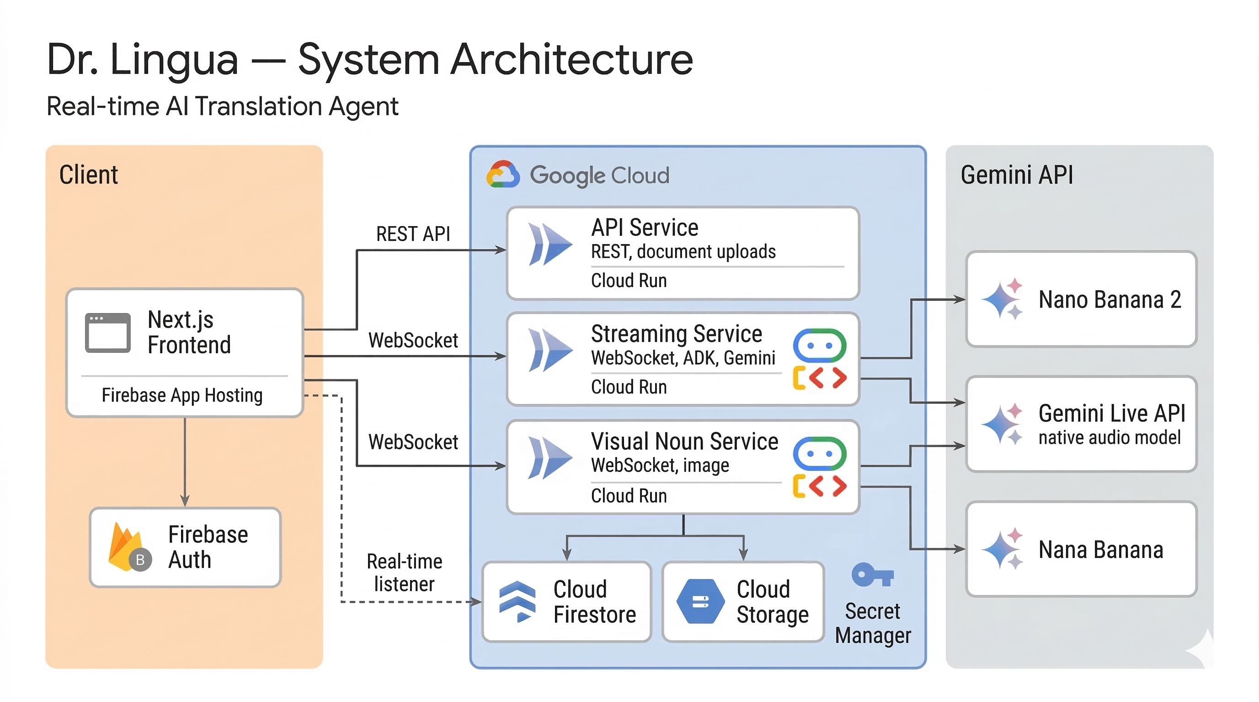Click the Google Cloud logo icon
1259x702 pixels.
[x=502, y=175]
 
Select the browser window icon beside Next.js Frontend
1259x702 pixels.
[x=107, y=333]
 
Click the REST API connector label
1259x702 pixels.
[x=413, y=234]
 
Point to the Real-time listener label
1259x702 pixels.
[x=404, y=573]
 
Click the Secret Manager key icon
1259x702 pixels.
[x=872, y=575]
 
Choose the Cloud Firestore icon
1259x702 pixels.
[x=517, y=601]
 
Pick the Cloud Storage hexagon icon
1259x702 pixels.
[x=700, y=601]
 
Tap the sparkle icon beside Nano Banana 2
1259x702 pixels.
[x=1003, y=299]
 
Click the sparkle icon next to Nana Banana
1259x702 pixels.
[x=1003, y=548]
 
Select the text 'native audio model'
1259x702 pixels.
[x=1110, y=437]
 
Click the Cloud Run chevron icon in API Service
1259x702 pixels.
[x=550, y=244]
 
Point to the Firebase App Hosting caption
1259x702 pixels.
[x=182, y=395]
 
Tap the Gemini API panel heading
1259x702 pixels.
[x=1017, y=175]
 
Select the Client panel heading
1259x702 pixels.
[x=89, y=175]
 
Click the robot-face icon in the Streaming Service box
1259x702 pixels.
[x=820, y=346]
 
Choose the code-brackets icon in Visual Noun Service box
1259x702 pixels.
[x=820, y=485]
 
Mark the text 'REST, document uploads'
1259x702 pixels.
[x=683, y=251]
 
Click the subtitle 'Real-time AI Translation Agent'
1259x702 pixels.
[x=222, y=106]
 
